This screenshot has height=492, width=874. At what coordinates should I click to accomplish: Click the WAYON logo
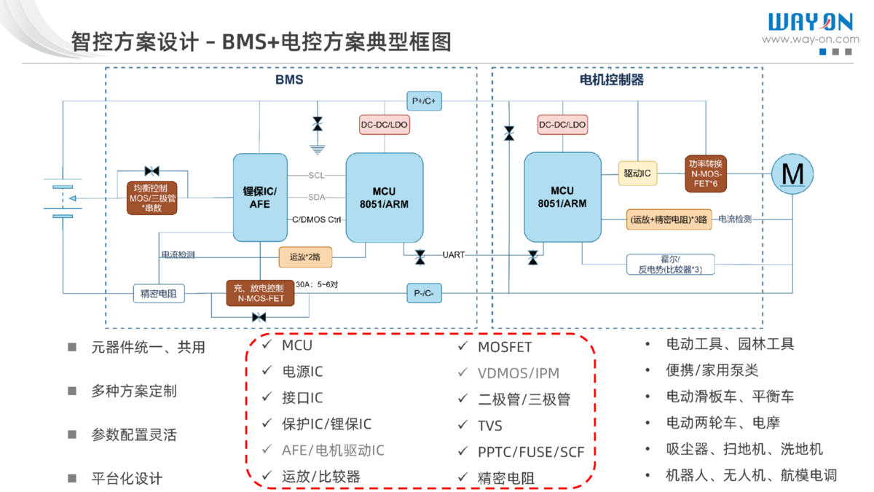click(x=811, y=23)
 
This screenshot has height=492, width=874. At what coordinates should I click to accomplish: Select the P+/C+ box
click(x=424, y=101)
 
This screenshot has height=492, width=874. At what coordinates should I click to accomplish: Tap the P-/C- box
click(x=424, y=293)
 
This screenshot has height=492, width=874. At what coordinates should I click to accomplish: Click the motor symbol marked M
click(x=792, y=174)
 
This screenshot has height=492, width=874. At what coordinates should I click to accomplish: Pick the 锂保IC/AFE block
click(x=260, y=198)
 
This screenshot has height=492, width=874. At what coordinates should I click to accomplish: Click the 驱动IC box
click(x=637, y=174)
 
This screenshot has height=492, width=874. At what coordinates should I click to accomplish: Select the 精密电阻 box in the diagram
click(x=159, y=294)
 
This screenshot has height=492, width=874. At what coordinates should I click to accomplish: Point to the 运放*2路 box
click(x=305, y=257)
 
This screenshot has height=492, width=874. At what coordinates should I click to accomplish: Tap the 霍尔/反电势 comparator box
click(x=670, y=265)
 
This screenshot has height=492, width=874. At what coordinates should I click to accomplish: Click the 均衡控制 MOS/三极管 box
click(x=151, y=198)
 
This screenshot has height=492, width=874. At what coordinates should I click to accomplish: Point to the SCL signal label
click(x=317, y=176)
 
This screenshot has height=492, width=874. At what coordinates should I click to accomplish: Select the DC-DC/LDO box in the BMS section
click(x=385, y=125)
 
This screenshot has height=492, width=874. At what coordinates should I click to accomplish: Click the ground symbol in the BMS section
click(x=317, y=149)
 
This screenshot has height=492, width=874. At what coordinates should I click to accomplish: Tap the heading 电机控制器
click(x=612, y=79)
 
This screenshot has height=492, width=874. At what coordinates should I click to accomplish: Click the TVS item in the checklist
click(x=490, y=426)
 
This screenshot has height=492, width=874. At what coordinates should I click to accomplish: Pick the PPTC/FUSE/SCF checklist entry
click(x=531, y=452)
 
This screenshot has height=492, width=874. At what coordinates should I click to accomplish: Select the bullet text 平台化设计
click(x=127, y=479)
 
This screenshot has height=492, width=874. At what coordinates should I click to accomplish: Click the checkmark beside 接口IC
click(x=267, y=397)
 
